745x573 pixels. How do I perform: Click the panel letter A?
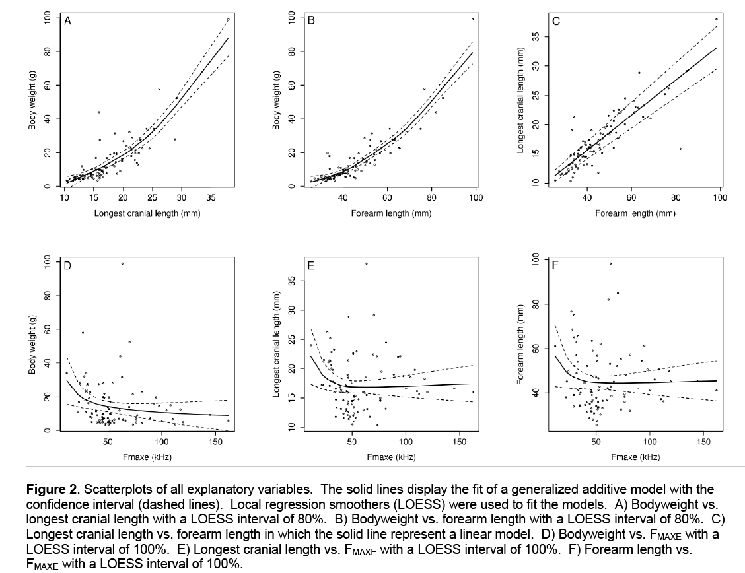pyautogui.click(x=67, y=20)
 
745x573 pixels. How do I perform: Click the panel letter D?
pyautogui.click(x=67, y=266)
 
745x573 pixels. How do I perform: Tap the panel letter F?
pyautogui.click(x=556, y=266)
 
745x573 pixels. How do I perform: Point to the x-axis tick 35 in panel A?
pyautogui.click(x=211, y=197)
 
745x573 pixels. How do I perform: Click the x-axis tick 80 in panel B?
pyautogui.click(x=432, y=197)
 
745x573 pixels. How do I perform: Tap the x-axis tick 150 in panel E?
pyautogui.click(x=460, y=442)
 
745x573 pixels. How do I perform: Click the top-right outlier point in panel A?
pyautogui.click(x=229, y=20)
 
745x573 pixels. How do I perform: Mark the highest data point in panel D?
pyautogui.click(x=122, y=264)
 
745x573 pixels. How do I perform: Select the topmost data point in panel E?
pyautogui.click(x=367, y=263)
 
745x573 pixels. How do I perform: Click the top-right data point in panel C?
pyautogui.click(x=717, y=20)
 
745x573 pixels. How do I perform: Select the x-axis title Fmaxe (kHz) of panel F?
pyautogui.click(x=635, y=457)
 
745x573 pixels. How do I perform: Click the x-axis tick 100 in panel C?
pyautogui.click(x=719, y=197)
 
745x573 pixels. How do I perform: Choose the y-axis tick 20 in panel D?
pyautogui.click(x=48, y=397)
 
